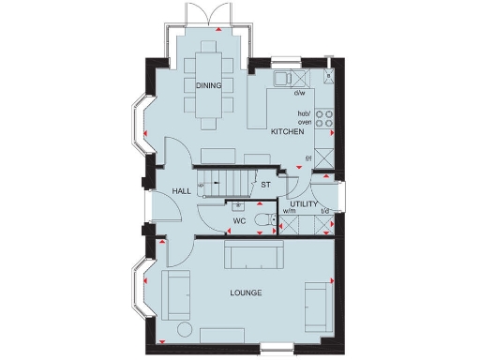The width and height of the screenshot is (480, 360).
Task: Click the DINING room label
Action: point(209,86)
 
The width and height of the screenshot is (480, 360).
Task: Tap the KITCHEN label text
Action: point(288,132)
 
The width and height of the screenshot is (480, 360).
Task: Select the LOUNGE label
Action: point(246,293)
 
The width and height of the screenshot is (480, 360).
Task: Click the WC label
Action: point(239,221)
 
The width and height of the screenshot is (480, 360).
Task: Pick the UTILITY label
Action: point(303,203)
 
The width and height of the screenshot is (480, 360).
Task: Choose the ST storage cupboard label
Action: point(266,184)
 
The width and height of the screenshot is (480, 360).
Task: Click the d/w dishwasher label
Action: point(300,93)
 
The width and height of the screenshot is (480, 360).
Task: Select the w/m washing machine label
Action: point(289,212)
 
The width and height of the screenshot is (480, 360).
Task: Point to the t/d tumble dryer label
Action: point(323,212)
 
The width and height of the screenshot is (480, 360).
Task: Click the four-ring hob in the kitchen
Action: point(324,119)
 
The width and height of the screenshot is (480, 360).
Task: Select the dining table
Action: point(209,86)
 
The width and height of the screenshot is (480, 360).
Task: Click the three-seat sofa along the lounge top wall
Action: point(254,254)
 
